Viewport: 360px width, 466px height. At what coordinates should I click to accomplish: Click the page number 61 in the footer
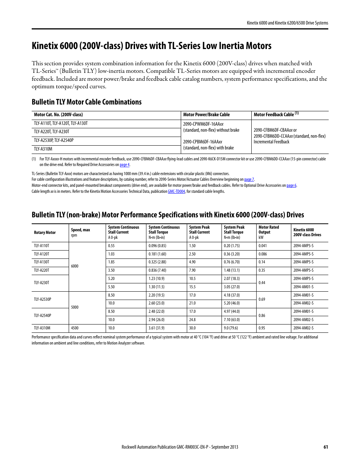coord(326,447)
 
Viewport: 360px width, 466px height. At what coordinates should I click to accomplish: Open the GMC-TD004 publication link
coord(176,192)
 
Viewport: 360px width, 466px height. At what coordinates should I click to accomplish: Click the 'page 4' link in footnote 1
coord(125,165)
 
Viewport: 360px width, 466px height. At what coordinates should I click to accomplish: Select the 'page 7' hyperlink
coord(249,180)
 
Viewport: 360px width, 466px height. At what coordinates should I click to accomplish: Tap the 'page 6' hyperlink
coord(291,186)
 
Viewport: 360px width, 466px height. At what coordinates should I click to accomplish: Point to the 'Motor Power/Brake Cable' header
coord(206,115)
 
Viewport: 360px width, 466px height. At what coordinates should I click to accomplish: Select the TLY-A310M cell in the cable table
coord(43,149)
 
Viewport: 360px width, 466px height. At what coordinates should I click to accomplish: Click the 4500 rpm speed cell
coord(75,328)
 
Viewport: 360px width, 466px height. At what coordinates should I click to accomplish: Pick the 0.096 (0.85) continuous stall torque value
coord(157,246)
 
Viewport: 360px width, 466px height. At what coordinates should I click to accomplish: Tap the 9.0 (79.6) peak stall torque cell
coord(231,328)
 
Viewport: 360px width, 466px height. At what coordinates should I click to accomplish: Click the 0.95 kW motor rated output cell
coord(262,328)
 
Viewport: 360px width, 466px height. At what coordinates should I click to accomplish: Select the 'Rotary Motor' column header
coord(45,232)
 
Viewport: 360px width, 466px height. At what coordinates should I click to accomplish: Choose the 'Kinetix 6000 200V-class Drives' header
coord(307,232)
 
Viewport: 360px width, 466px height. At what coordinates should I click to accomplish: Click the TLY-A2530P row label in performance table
coord(42,299)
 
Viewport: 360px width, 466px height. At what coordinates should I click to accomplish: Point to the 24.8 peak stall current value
coord(192,320)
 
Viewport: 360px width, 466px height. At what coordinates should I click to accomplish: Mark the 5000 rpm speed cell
coord(75,308)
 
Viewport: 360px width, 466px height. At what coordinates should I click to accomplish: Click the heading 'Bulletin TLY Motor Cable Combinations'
coord(86,102)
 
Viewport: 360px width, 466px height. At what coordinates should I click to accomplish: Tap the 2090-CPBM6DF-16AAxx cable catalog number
coord(203,142)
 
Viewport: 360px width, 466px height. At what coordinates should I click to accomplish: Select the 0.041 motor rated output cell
coord(263,246)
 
